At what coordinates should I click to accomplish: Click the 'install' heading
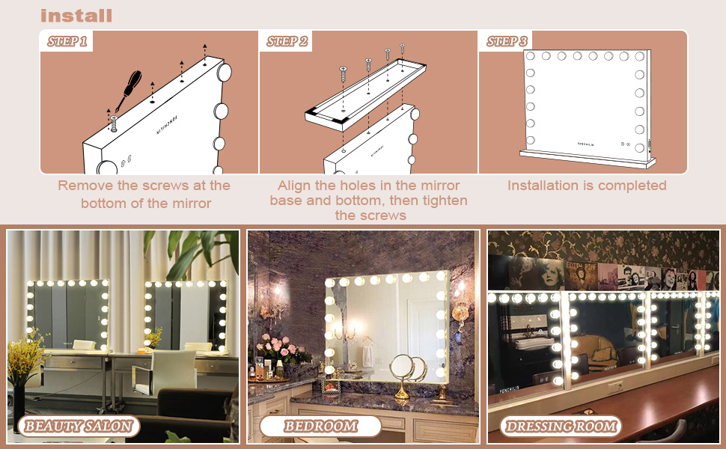[x=76, y=15]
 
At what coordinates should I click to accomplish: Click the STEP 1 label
[x=67, y=41]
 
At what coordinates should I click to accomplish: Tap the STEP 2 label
[x=287, y=41]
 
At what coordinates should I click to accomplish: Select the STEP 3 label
[x=507, y=41]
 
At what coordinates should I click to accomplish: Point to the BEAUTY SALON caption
[x=79, y=426]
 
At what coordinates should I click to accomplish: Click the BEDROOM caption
[x=320, y=426]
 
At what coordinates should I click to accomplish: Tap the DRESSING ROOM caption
[x=561, y=426]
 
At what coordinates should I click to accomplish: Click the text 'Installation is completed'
[x=587, y=186]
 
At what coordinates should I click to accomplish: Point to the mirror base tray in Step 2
[x=365, y=95]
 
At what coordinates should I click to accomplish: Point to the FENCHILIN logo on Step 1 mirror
[x=167, y=124]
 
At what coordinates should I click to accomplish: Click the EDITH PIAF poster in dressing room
[x=581, y=275]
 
